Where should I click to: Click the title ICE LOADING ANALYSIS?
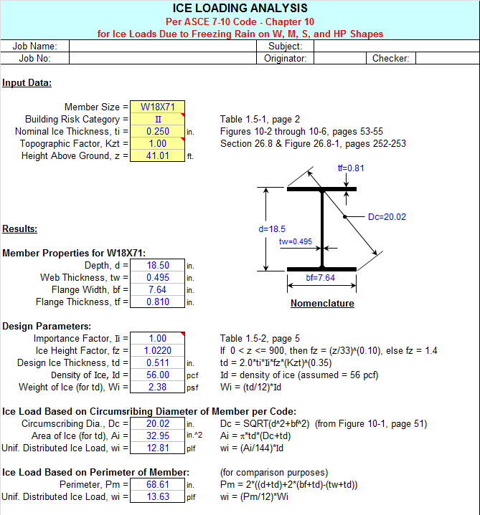[x=240, y=9]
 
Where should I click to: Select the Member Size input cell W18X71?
[x=157, y=107]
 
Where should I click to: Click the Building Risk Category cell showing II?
[x=157, y=120]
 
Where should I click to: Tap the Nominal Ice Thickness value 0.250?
[x=157, y=132]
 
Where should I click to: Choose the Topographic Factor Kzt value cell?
[x=157, y=144]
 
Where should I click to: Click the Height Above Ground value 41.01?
[x=157, y=156]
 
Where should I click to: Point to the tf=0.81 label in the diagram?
[x=351, y=168]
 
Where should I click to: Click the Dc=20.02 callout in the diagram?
[x=387, y=217]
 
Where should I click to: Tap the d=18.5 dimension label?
[x=273, y=230]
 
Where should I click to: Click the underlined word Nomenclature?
[x=322, y=304]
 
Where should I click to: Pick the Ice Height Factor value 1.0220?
[x=157, y=351]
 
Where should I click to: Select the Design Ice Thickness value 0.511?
[x=157, y=363]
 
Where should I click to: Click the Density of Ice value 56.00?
[x=157, y=375]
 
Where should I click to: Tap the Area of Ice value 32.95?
[x=157, y=436]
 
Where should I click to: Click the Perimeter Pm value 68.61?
[x=157, y=485]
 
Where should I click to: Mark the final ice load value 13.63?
[x=157, y=497]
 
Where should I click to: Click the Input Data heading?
[x=27, y=82]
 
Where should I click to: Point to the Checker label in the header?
[x=390, y=59]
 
